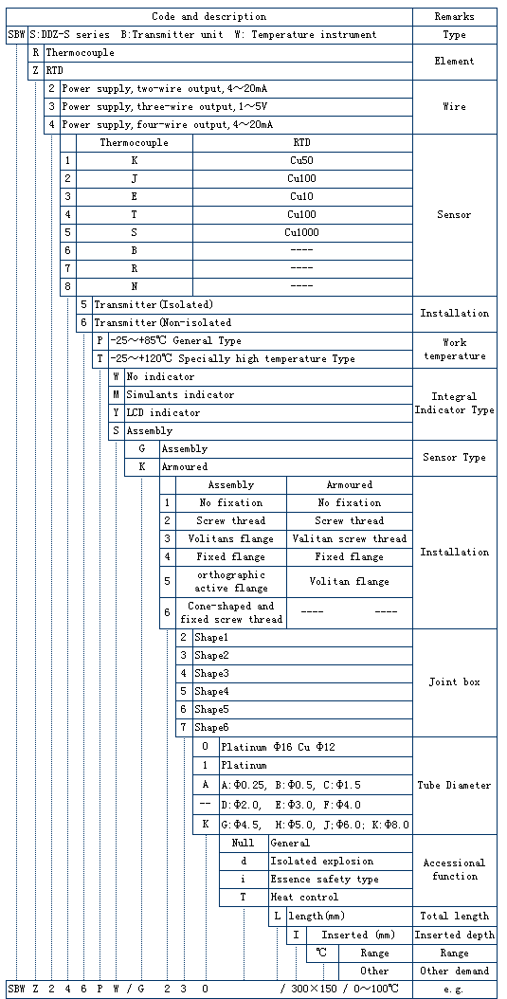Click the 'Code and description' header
click(x=208, y=16)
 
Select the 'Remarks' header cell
click(x=454, y=16)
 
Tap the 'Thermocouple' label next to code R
click(x=81, y=53)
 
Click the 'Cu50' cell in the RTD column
click(x=302, y=160)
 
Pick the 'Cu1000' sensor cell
click(x=302, y=232)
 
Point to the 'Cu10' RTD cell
click(x=302, y=196)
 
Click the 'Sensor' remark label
click(x=454, y=215)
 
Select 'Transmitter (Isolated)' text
click(x=154, y=304)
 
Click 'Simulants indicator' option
click(x=180, y=395)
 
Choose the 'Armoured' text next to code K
click(x=185, y=467)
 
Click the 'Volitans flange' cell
click(x=230, y=539)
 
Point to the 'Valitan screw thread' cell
click(x=350, y=539)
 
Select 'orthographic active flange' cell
click(x=230, y=581)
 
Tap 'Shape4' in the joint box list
click(x=211, y=691)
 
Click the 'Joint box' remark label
click(x=454, y=681)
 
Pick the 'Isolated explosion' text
click(x=321, y=862)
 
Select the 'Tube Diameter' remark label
click(x=454, y=786)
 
